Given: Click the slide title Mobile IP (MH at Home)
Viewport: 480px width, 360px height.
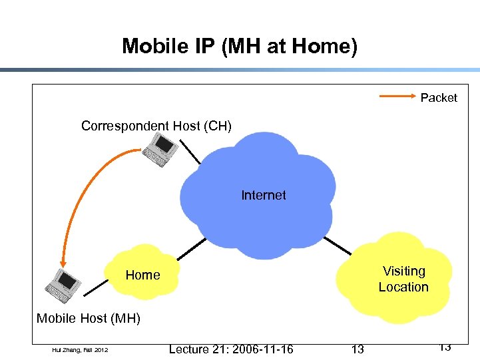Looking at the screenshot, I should click(x=240, y=46).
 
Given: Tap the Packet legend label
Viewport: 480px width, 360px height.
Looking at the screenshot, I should click(x=439, y=98).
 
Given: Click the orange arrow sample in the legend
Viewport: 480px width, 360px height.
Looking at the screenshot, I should click(x=397, y=97).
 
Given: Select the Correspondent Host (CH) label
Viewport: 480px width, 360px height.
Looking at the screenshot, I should click(x=156, y=126).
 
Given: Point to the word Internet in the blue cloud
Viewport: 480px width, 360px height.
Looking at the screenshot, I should click(x=264, y=195).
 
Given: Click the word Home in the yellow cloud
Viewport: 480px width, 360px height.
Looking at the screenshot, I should click(x=142, y=275).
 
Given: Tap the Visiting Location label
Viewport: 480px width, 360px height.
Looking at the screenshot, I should click(x=403, y=279).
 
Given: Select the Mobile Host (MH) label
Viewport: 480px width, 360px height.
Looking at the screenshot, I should click(x=89, y=318).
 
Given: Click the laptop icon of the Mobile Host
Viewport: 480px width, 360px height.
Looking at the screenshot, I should click(x=63, y=285).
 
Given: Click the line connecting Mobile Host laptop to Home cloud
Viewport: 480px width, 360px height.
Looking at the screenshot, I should click(x=95, y=287).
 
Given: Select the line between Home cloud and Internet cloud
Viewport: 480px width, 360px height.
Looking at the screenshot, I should click(x=192, y=248).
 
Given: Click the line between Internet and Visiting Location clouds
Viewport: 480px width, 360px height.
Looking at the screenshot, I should click(x=337, y=244).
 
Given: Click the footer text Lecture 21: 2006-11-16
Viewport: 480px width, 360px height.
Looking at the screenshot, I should click(x=231, y=349).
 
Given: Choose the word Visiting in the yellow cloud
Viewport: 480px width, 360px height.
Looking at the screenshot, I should click(x=404, y=271).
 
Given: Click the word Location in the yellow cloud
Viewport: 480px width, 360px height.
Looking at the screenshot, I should click(x=403, y=287).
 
